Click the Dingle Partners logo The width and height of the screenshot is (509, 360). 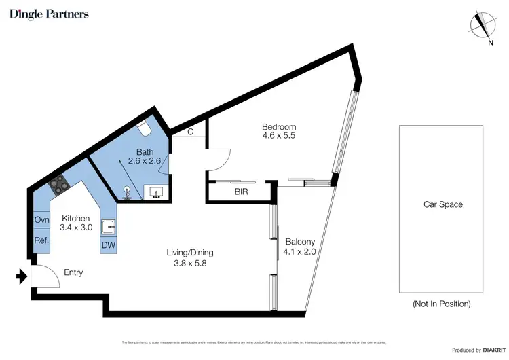[x=49, y=14]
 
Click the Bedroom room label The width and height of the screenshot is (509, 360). [x=280, y=127]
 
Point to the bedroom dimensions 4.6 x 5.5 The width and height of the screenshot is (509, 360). [x=280, y=136]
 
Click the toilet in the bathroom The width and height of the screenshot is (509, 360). [x=143, y=128]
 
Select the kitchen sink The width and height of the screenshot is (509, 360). [x=109, y=226]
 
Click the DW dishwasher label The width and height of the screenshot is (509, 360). [x=108, y=245]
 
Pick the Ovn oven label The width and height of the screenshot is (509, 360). [x=41, y=219]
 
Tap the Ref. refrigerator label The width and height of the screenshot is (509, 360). [x=41, y=240]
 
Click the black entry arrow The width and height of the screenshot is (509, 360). [x=22, y=276]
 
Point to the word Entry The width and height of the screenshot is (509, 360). [x=73, y=272]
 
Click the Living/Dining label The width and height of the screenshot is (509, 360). [x=186, y=253]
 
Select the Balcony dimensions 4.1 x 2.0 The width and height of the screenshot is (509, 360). [x=299, y=251]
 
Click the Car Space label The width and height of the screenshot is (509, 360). [x=442, y=204]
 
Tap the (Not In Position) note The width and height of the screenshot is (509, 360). [x=442, y=304]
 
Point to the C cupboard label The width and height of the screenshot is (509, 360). [x=190, y=132]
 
